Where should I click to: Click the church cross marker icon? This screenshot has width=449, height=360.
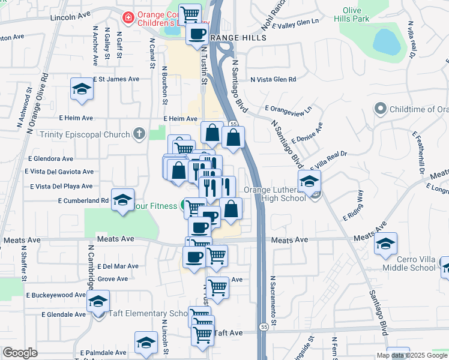pyautogui.click(x=139, y=133)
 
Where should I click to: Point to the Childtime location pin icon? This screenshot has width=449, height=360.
pyautogui.click(x=379, y=109)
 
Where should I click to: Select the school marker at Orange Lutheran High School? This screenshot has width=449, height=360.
pyautogui.click(x=310, y=181)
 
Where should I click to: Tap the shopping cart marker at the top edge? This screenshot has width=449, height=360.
pyautogui.click(x=190, y=13)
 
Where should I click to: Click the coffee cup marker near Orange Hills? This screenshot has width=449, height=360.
pyautogui.click(x=197, y=34)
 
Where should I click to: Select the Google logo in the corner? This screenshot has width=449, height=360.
pyautogui.click(x=20, y=353)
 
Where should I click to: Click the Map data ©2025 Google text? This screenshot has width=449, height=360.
pyautogui.click(x=411, y=355)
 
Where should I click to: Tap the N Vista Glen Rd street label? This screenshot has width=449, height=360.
pyautogui.click(x=274, y=79)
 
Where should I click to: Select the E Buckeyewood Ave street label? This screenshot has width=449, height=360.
pyautogui.click(x=56, y=295)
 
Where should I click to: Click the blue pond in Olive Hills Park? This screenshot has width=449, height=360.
pyautogui.click(x=388, y=41)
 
